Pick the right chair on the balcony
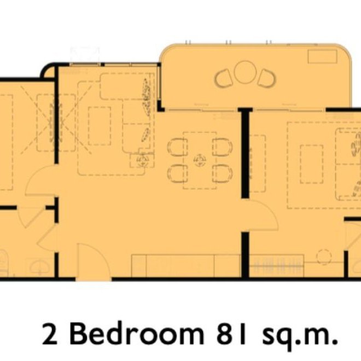(267, 78)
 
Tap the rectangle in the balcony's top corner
(322, 57)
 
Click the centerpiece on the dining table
(200, 160)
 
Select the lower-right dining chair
(222, 173)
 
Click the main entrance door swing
(94, 262)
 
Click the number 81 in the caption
(231, 334)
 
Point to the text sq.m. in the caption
(300, 336)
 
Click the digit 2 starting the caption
(50, 334)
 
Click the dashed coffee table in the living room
(100, 126)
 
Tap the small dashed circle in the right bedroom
(324, 257)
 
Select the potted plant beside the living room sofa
(143, 159)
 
